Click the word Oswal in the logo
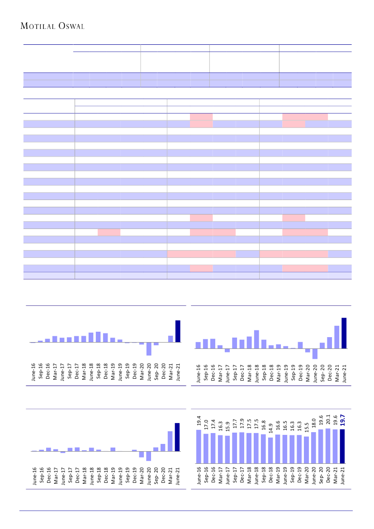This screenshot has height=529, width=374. pos(71,26)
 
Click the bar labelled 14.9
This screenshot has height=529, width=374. pos(270,450)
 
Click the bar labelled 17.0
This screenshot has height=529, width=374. pos(206,448)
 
